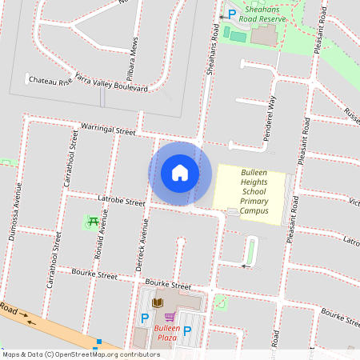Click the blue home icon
tap(180, 173)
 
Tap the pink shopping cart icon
tap(169, 317)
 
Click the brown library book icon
tap(157, 302)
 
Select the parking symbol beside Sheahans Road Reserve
tap(232, 14)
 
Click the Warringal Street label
tap(109, 128)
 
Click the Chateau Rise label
tap(49, 81)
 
